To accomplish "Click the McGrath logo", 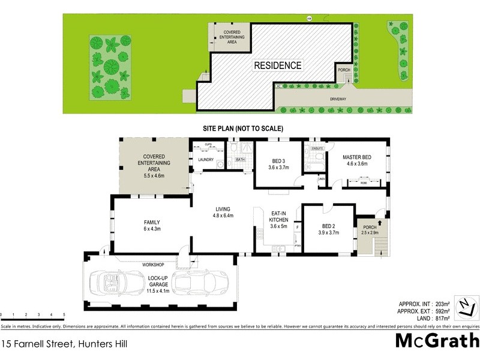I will click(x=436, y=341).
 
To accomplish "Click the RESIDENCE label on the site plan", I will click(x=277, y=65).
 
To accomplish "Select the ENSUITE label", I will click(x=317, y=148).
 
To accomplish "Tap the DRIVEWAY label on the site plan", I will click(x=337, y=99).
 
